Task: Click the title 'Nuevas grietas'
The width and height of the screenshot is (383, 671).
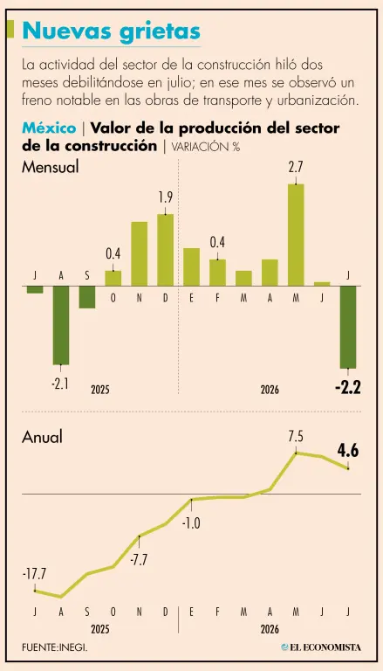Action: (x=111, y=31)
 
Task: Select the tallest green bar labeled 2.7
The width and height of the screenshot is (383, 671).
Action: (x=296, y=235)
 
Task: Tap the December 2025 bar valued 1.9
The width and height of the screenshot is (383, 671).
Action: (x=166, y=250)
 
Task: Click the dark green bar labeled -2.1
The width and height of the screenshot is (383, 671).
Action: (x=61, y=325)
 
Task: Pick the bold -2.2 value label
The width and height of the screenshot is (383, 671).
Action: (x=348, y=389)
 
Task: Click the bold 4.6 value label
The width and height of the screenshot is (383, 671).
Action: (x=348, y=451)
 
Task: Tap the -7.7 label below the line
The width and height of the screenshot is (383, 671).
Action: (x=140, y=559)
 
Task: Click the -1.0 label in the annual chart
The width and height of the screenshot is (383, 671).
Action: (x=191, y=523)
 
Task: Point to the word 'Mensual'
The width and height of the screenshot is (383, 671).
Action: (x=51, y=167)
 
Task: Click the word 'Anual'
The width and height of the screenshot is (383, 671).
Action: (x=43, y=437)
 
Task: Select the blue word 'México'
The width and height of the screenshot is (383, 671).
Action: (x=49, y=128)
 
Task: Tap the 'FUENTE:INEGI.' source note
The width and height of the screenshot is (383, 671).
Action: (x=55, y=647)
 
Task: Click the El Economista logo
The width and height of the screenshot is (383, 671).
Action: (x=320, y=647)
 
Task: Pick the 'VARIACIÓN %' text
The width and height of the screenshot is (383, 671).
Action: (x=206, y=147)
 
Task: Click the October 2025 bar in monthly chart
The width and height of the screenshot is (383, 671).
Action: (x=113, y=278)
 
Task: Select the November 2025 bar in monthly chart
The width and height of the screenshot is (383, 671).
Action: (x=140, y=253)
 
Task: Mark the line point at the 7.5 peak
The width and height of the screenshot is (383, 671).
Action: (x=296, y=453)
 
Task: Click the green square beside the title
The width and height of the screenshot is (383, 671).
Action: (x=12, y=29)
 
